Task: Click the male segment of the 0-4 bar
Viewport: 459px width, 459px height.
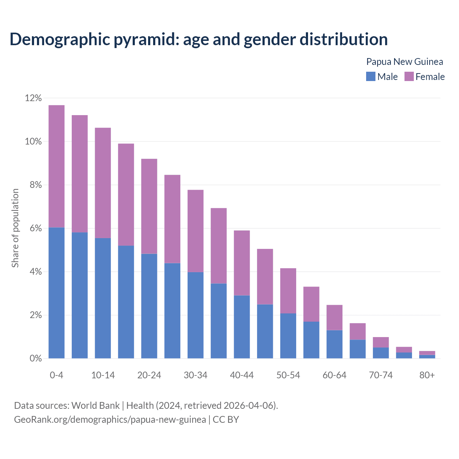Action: (x=57, y=293)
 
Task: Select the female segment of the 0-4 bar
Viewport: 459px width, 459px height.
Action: (x=57, y=166)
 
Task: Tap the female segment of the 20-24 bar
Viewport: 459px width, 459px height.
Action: (x=149, y=206)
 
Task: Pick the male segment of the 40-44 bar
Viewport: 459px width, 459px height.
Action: (x=242, y=327)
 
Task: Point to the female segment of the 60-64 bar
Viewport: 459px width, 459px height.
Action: (x=334, y=317)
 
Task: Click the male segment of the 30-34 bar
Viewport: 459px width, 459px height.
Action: (x=195, y=315)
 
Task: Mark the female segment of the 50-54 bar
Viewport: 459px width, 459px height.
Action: (x=288, y=291)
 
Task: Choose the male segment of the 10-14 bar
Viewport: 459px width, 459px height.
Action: (x=103, y=298)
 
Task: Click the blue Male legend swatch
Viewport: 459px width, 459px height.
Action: (x=370, y=76)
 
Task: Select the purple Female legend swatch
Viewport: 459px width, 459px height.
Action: (x=409, y=76)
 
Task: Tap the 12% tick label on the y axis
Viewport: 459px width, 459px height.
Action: (x=33, y=98)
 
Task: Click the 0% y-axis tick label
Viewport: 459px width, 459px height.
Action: (x=36, y=359)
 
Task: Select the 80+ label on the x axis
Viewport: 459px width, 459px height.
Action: (x=427, y=375)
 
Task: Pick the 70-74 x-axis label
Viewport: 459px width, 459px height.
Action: (x=380, y=375)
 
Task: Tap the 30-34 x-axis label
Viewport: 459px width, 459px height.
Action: (x=195, y=375)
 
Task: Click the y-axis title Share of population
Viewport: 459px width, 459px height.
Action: (x=15, y=228)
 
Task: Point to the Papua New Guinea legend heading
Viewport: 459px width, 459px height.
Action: (x=404, y=62)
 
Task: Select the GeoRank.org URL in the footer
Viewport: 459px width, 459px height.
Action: (x=110, y=419)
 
